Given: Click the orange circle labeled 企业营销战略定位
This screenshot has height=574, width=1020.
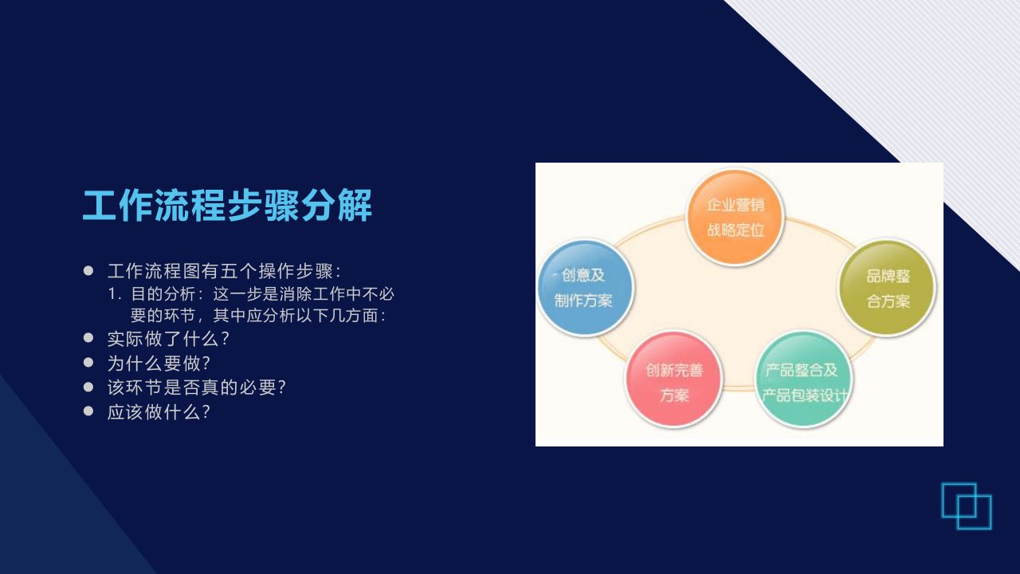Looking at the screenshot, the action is [x=735, y=217].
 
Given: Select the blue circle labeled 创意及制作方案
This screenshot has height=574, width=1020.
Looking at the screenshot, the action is [x=585, y=288].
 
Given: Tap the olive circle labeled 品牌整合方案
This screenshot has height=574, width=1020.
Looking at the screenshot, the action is [x=887, y=288].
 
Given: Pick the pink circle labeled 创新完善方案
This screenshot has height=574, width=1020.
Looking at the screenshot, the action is [x=673, y=380].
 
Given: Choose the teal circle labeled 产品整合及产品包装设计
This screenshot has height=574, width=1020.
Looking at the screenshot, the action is [x=804, y=380].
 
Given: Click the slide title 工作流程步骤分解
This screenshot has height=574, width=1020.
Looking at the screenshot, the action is [x=227, y=206].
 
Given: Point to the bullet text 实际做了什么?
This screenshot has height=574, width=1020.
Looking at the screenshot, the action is [x=168, y=339].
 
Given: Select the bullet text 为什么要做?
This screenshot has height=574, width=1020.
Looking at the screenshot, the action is [x=159, y=363].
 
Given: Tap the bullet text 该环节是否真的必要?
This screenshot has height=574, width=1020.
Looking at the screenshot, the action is [x=196, y=387].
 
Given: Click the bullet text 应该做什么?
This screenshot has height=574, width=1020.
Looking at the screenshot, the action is [x=159, y=412].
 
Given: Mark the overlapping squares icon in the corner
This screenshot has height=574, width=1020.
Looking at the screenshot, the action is [x=967, y=506].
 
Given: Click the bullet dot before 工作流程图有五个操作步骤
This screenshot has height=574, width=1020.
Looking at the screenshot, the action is [x=88, y=271].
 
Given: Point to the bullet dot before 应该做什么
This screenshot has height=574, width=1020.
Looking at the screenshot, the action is [x=88, y=411].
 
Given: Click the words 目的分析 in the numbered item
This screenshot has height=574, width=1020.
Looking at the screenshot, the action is [x=163, y=294].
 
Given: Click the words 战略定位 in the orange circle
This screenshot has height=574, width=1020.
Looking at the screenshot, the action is [x=736, y=230].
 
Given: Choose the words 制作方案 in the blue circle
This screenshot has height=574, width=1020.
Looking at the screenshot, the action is [x=583, y=301].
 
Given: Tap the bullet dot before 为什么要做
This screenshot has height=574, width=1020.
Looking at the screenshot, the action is [x=88, y=363].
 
